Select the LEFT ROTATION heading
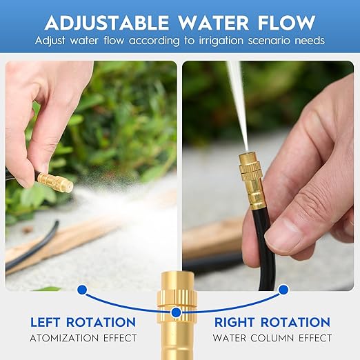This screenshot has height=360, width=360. tap(83, 322)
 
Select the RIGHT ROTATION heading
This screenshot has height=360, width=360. tap(272, 322)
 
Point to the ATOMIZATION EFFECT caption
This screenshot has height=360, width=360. tap(83, 339)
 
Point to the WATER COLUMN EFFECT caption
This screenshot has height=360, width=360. tap(272, 339)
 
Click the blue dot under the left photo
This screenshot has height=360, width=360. tap(82, 290)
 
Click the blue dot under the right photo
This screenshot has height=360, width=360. tap(283, 290)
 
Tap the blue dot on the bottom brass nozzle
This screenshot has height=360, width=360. tap(177, 312)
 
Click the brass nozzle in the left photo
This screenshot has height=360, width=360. tap(55, 183)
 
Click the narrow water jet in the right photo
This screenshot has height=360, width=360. tap(238, 103)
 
